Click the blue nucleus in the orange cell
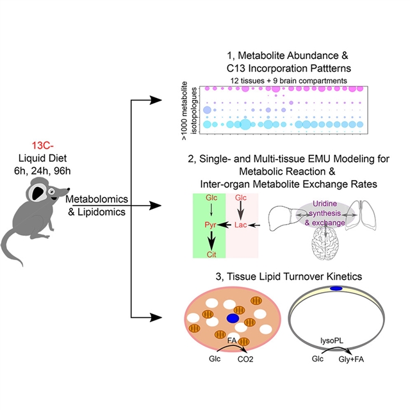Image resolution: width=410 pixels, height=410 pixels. (x=232, y=318)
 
